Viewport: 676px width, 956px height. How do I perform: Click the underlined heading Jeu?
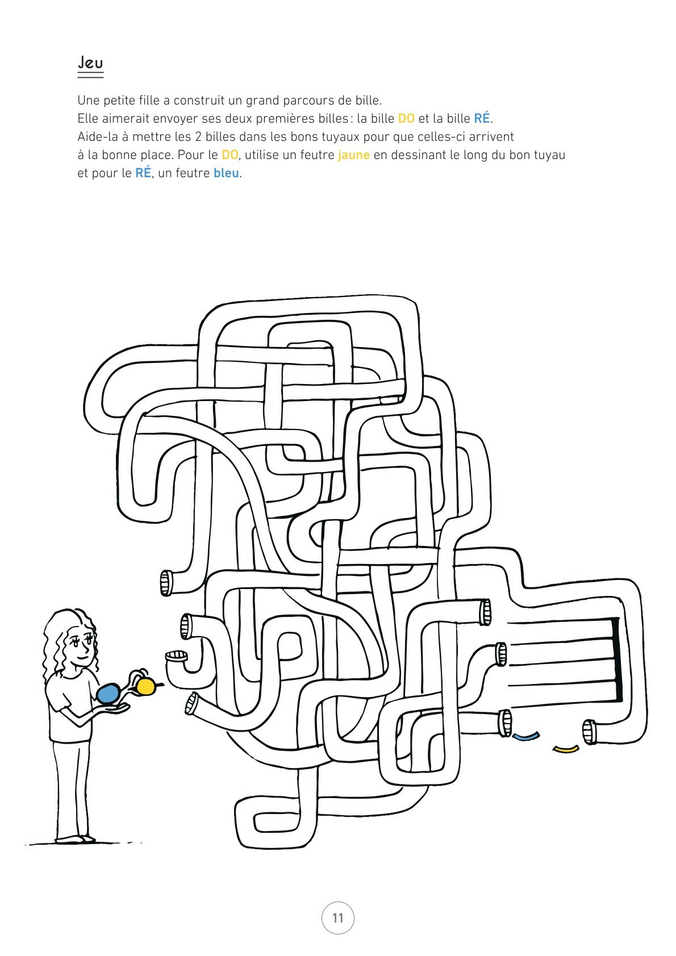click(x=90, y=63)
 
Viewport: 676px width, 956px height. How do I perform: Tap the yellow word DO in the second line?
click(x=406, y=118)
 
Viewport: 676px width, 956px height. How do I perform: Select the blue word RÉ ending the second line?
click(x=482, y=118)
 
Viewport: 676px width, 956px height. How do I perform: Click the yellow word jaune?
click(x=354, y=155)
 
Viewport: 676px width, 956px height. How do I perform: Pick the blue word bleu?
click(x=226, y=173)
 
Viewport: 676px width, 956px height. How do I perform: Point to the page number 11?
click(x=338, y=918)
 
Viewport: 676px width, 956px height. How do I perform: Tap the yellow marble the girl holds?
click(x=145, y=686)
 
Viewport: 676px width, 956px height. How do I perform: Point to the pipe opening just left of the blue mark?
click(x=505, y=723)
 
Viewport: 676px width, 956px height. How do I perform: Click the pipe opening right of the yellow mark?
click(x=590, y=732)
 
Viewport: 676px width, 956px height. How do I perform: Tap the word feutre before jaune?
click(x=317, y=155)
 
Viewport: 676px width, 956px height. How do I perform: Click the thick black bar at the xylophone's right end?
click(x=616, y=660)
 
